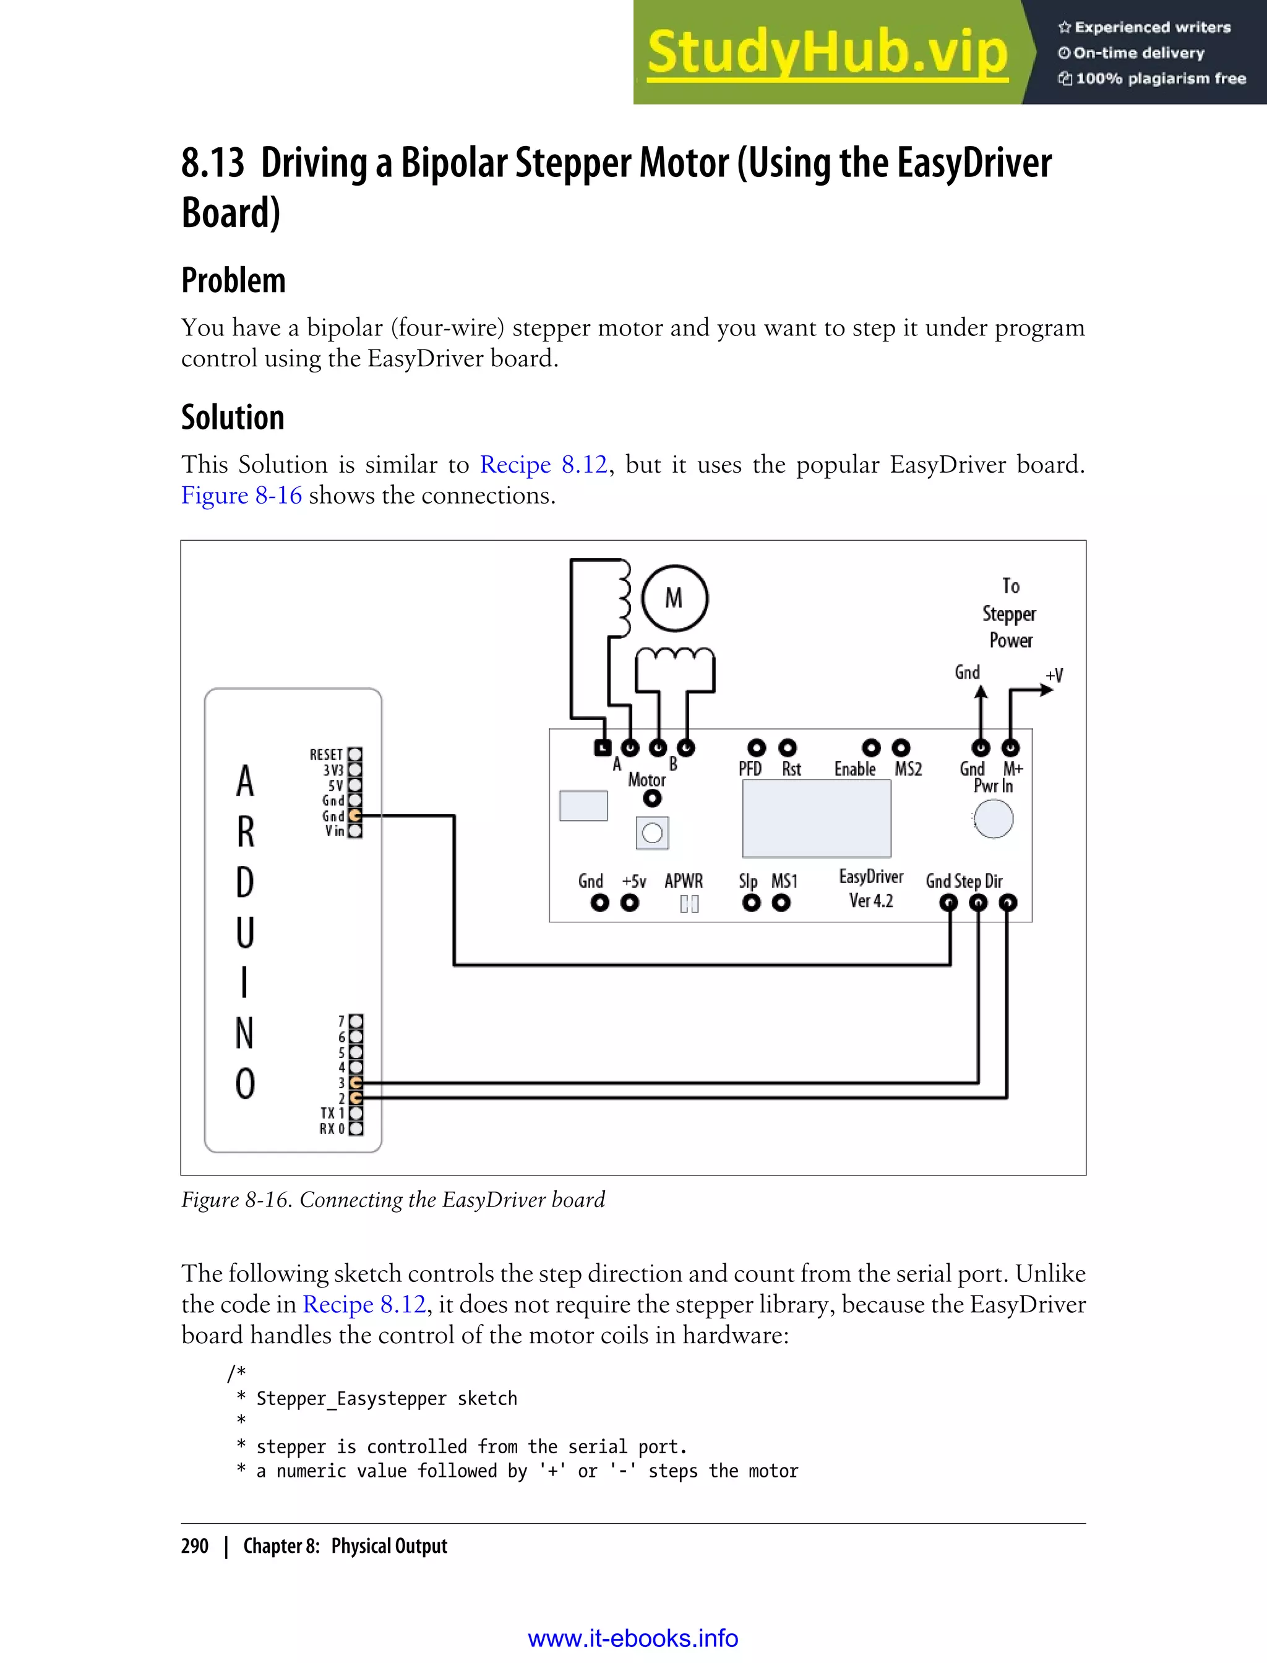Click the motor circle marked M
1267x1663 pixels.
[674, 598]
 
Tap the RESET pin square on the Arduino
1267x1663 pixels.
[355, 754]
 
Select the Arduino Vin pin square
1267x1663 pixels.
[355, 831]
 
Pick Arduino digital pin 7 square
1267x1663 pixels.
[356, 1021]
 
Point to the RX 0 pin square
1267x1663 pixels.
[356, 1129]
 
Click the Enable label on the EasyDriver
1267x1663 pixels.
[854, 769]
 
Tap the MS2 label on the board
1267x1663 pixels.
[908, 769]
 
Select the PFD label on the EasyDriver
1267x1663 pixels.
[750, 769]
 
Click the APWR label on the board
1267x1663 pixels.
[683, 881]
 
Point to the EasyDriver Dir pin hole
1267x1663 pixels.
[1008, 903]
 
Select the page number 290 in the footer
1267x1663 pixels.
[195, 1546]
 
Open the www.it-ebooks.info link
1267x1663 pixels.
[633, 1638]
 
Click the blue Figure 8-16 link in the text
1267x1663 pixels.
[241, 496]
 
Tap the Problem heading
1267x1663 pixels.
[233, 280]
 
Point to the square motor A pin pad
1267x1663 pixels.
[602, 747]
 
